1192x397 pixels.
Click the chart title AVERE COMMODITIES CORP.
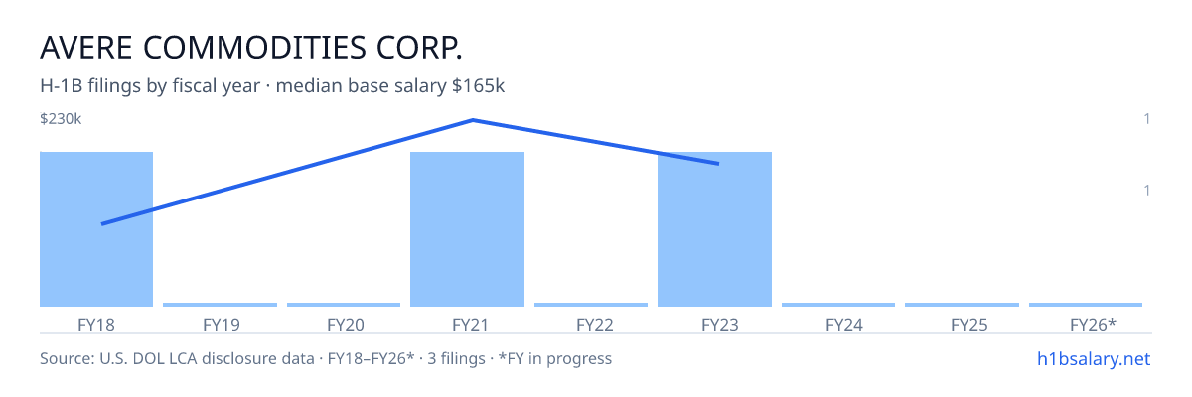coord(251,48)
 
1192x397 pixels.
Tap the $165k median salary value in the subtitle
coord(478,86)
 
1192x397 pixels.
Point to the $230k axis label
coord(61,119)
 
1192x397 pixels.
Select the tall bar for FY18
coord(96,229)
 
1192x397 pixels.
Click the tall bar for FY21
coord(467,229)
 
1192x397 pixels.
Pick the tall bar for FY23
coord(714,229)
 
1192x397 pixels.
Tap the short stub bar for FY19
coord(220,305)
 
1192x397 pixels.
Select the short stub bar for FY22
coord(591,305)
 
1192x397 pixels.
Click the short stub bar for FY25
coord(962,305)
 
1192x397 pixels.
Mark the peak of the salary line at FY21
coord(473,120)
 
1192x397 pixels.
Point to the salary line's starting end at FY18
coord(102,223)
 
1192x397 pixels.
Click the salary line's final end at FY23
coord(718,164)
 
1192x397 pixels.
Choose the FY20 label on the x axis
coord(346,325)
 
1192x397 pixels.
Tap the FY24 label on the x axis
coord(844,325)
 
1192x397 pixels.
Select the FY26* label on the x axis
coord(1093,325)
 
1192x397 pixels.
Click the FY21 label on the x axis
coord(471,325)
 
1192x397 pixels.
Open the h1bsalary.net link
coord(1094,359)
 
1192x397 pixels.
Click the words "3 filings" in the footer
coord(456,359)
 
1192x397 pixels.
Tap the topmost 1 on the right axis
coord(1146,119)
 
